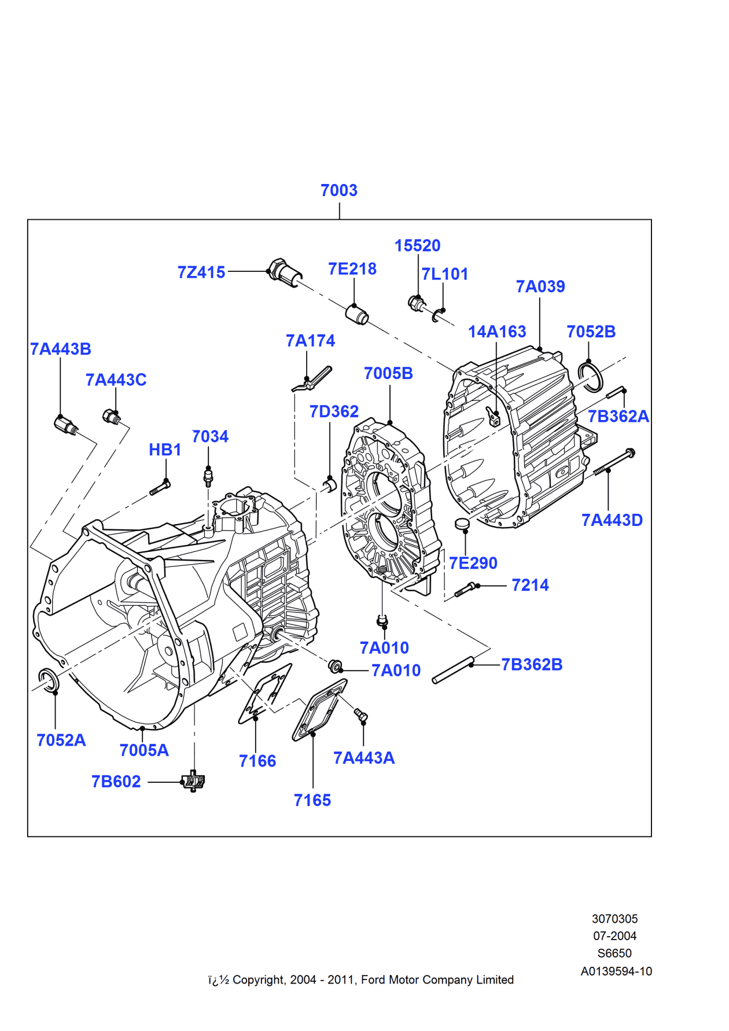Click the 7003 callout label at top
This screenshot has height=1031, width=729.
click(x=339, y=190)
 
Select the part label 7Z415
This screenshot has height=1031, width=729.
click(x=201, y=272)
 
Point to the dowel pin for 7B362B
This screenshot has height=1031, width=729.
click(x=453, y=670)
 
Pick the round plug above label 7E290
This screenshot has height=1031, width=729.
click(x=462, y=524)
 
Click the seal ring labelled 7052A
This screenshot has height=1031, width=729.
click(x=49, y=679)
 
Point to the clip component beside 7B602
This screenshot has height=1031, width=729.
click(x=194, y=782)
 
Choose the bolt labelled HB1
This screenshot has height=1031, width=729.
click(x=160, y=488)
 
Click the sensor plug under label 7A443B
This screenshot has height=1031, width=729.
click(x=66, y=425)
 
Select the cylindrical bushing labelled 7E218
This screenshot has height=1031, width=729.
click(x=357, y=314)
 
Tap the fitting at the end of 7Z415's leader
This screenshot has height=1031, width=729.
click(x=285, y=272)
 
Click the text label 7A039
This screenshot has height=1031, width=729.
click(x=540, y=286)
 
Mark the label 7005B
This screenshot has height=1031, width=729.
click(x=388, y=374)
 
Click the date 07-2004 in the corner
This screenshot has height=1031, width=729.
click(x=614, y=936)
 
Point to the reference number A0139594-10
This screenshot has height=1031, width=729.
click(x=616, y=971)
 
